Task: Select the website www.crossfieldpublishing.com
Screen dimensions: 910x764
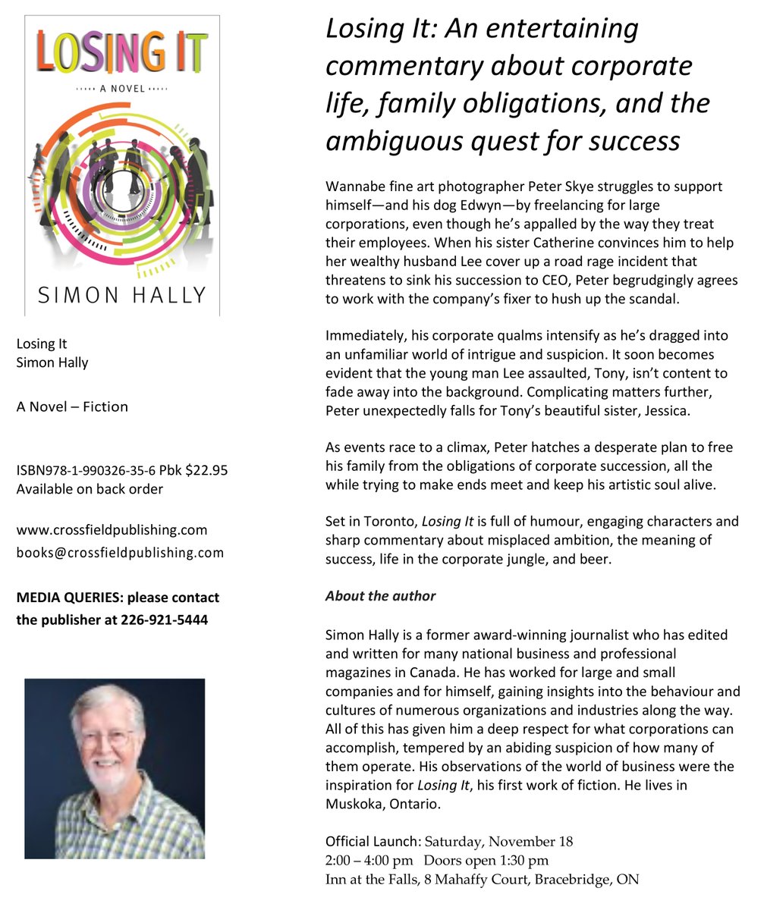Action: pyautogui.click(x=112, y=529)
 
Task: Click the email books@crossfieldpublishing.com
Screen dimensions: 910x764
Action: pyautogui.click(x=120, y=552)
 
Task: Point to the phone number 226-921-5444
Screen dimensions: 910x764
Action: pyautogui.click(x=164, y=620)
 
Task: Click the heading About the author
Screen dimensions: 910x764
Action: pyautogui.click(x=380, y=595)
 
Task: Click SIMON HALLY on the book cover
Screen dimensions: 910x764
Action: pyautogui.click(x=121, y=294)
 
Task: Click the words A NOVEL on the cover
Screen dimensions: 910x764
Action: pyautogui.click(x=122, y=89)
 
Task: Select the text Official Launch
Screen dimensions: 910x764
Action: pyautogui.click(x=372, y=841)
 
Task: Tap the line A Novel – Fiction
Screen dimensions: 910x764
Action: pyautogui.click(x=72, y=406)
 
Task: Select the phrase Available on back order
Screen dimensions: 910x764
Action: pyautogui.click(x=90, y=489)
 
